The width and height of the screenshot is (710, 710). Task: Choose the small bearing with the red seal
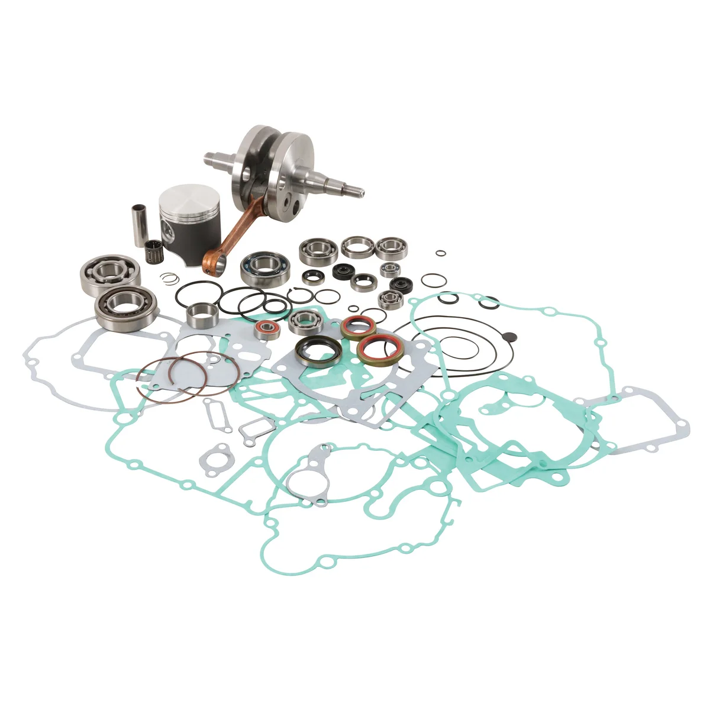[267, 329]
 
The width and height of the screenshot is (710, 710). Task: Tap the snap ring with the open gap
[302, 294]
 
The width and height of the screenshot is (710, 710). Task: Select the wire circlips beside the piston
[170, 277]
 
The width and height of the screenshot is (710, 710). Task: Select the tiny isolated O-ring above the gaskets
[440, 253]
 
